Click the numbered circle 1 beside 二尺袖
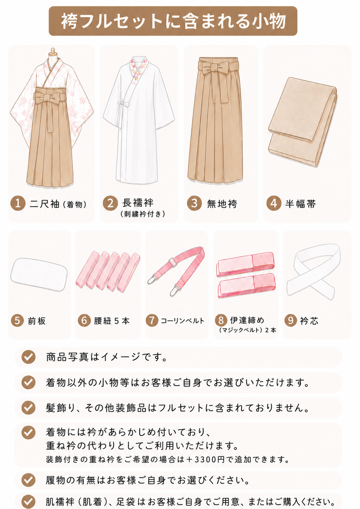[x=18, y=203]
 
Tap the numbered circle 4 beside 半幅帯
[x=274, y=203]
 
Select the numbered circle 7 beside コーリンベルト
[x=152, y=321]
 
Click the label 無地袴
[x=222, y=204]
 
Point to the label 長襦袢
[x=138, y=203]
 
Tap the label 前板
[x=37, y=321]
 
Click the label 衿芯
[x=309, y=321]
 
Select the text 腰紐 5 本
[x=112, y=321]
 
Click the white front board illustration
[x=39, y=274]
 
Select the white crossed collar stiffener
[x=313, y=271]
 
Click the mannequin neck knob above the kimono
[x=53, y=51]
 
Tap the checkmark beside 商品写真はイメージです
[x=28, y=357]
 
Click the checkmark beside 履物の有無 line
[x=28, y=480]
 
